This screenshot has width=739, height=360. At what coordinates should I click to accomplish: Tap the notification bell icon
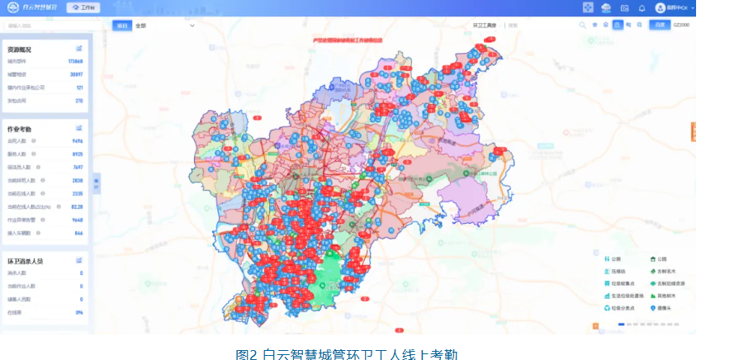coord(642,7)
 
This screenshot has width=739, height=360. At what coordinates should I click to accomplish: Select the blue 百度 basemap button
coord(659,26)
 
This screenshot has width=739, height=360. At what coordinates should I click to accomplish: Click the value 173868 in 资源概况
coord(75,62)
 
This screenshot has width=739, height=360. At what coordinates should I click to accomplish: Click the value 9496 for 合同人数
coord(78,141)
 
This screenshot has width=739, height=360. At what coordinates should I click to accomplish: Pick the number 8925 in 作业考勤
coord(78,154)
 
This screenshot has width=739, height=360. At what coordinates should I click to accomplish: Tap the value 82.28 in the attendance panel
coord(77,206)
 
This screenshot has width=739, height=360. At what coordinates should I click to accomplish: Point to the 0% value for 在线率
coord(79,312)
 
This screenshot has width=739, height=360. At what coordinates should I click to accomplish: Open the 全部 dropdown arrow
coord(192,26)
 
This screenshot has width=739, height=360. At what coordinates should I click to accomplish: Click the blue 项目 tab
coord(121,26)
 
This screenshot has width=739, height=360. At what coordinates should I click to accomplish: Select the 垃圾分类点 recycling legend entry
coord(620,308)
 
